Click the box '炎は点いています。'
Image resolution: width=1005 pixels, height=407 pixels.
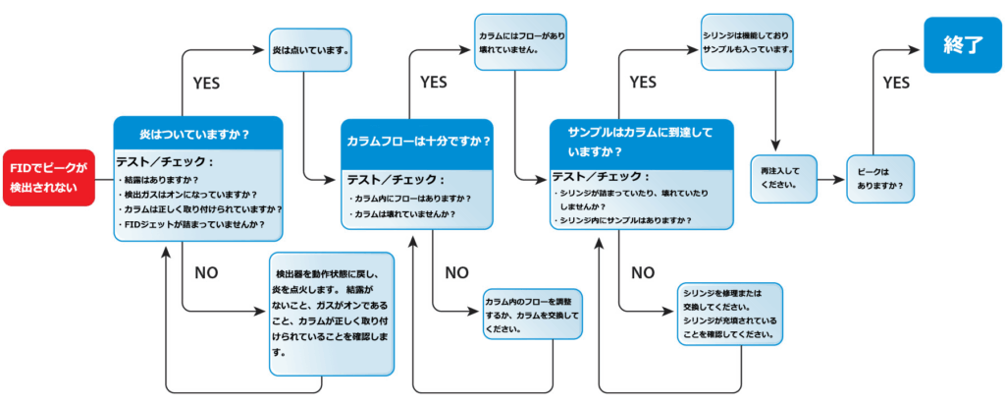tap(310, 48)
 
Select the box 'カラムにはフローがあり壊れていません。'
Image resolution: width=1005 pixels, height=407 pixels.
tap(521, 41)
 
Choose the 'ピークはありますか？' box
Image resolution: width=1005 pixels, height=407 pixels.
tap(880, 178)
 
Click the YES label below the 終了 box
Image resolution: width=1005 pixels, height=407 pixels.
tap(896, 84)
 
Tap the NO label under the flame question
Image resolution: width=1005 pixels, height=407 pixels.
tap(206, 272)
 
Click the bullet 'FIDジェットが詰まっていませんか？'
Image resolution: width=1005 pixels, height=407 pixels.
tap(195, 224)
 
